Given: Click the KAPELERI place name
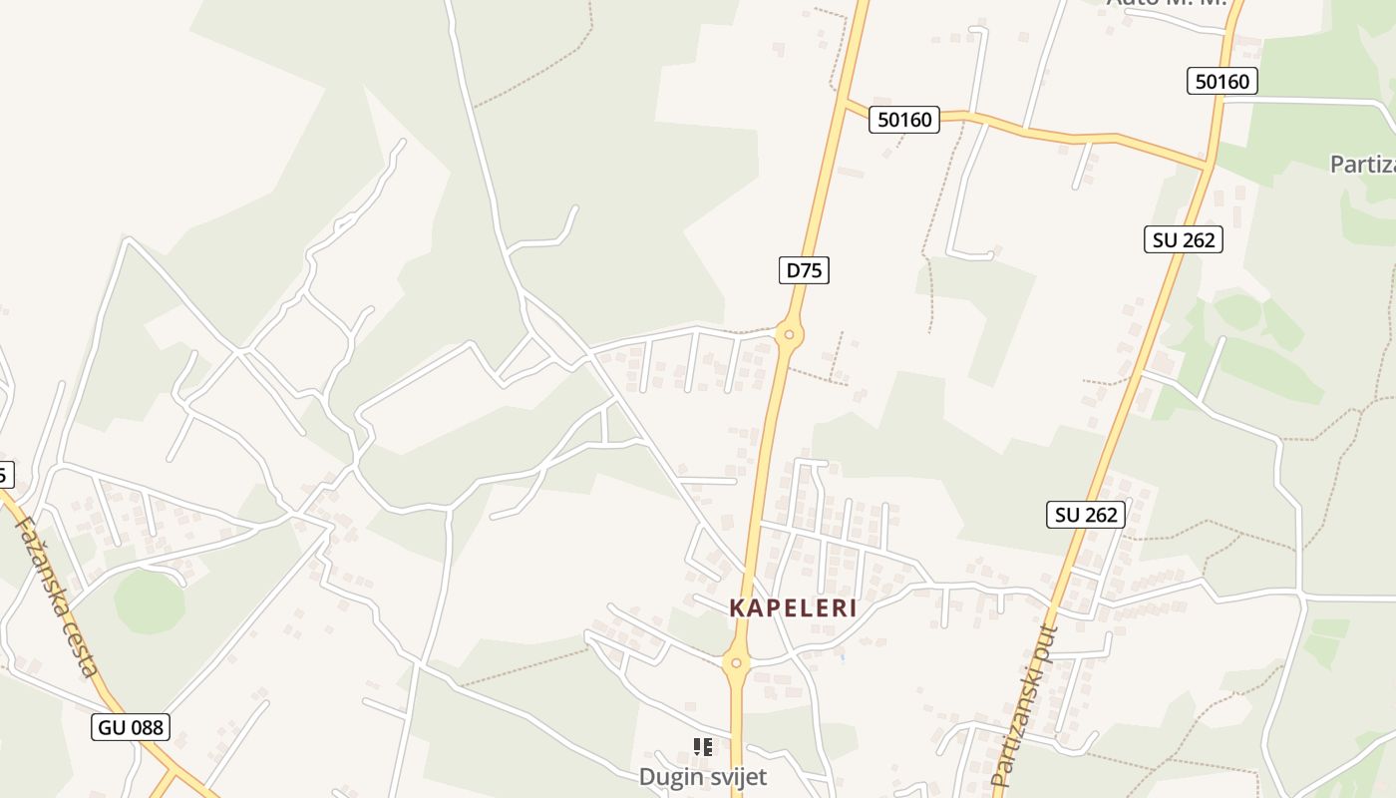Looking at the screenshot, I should (793, 608).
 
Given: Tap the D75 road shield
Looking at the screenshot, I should (804, 270).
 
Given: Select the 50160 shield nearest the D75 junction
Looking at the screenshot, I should (904, 121).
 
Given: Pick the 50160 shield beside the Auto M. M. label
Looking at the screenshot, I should (1221, 82).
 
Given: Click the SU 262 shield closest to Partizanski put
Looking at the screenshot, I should (1087, 515).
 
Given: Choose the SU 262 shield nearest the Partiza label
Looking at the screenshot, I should (1183, 239).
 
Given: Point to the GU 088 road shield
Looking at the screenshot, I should (132, 727).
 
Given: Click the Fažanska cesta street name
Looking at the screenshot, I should (58, 596).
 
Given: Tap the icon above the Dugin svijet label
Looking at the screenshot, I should (703, 746).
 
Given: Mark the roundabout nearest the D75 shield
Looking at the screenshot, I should (789, 335).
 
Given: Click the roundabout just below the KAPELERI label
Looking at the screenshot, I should (736, 661).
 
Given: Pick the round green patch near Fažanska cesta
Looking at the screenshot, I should (150, 601).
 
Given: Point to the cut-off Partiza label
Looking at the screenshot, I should (1362, 164).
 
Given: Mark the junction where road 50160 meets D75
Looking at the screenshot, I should (844, 102).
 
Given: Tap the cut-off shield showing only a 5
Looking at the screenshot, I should (5, 475).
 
